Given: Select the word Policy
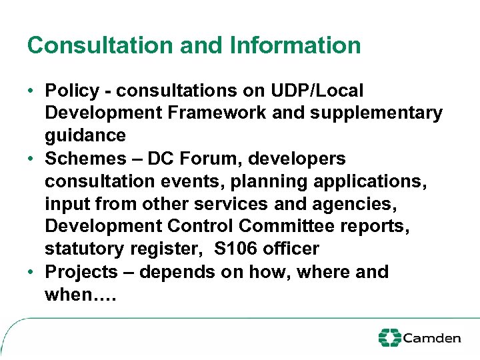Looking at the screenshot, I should tap(73, 90).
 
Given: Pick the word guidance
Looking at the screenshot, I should tap(85, 136).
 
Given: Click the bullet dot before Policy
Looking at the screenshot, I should tap(31, 91).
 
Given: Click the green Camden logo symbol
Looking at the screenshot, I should tap(389, 337).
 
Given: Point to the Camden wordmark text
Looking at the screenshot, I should tap(432, 338).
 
